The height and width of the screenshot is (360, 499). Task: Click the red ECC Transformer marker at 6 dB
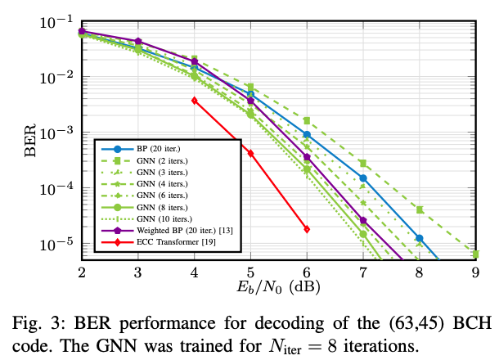[307, 229]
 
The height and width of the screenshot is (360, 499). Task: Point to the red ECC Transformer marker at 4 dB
[194, 101]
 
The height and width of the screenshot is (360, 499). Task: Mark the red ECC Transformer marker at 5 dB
[250, 153]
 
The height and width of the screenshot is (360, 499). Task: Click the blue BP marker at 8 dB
[419, 238]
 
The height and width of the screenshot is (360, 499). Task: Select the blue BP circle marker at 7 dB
[363, 178]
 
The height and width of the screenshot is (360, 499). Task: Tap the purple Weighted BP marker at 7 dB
[363, 220]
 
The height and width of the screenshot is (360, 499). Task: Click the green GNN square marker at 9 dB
[475, 254]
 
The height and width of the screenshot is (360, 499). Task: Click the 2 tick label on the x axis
[81, 271]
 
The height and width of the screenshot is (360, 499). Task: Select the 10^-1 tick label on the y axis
[56, 22]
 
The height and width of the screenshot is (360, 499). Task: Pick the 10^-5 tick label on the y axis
[56, 245]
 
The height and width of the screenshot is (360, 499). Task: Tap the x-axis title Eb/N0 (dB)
[278, 286]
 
